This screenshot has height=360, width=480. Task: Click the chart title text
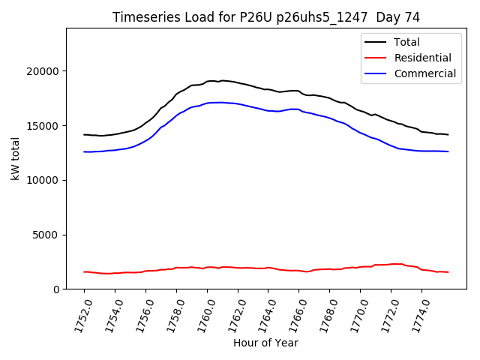point(266,17)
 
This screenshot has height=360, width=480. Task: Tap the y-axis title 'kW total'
point(15,159)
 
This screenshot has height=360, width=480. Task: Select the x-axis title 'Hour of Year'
point(265,343)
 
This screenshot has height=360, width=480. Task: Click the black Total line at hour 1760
point(207,81)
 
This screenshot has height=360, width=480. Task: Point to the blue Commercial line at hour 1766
point(299,109)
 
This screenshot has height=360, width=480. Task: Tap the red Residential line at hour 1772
point(391,264)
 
